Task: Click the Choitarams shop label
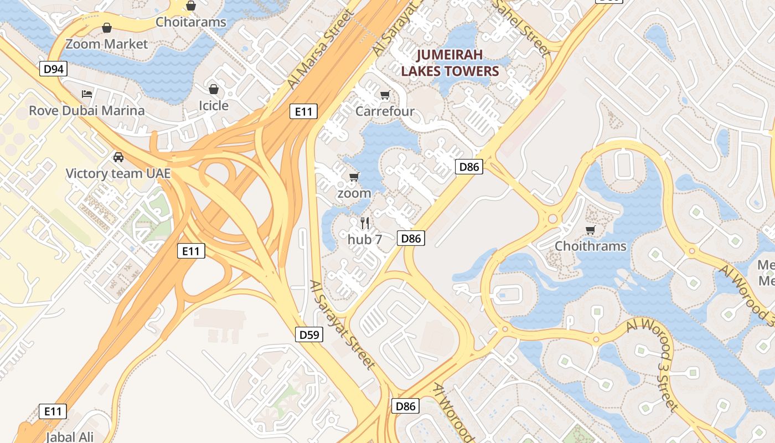tap(191, 22)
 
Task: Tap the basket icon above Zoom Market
tap(107, 28)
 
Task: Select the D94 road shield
tap(53, 69)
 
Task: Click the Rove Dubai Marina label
tap(86, 110)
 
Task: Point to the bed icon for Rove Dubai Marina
tap(86, 94)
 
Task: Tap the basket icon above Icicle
tap(214, 89)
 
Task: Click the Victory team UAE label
tap(118, 173)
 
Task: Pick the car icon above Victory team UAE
tap(118, 157)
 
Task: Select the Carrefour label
tap(385, 111)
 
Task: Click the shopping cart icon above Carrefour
tap(385, 95)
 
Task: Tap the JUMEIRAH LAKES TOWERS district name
tap(449, 63)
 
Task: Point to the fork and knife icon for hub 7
tap(365, 223)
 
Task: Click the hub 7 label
tap(365, 240)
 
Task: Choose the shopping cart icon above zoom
tap(354, 177)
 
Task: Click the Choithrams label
tap(590, 246)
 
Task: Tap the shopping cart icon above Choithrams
tap(590, 230)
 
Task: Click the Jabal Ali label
tap(70, 436)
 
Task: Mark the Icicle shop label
tap(214, 105)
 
